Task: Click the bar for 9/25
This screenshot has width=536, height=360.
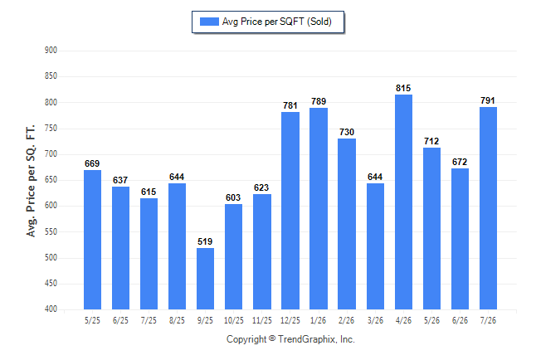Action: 205,279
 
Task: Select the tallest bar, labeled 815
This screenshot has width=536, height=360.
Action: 403,202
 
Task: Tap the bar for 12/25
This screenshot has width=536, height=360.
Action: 290,211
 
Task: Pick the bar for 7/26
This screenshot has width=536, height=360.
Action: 488,208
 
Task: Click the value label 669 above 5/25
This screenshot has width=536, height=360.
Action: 92,163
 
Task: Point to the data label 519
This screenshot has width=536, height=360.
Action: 205,241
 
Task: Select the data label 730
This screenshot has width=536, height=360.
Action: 347,132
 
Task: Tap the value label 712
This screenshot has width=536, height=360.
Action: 431,141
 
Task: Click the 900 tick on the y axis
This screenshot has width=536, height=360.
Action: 51,51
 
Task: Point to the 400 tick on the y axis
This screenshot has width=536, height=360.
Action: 51,309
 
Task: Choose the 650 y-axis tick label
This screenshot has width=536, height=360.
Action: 51,180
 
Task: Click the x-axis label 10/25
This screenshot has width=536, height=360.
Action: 234,320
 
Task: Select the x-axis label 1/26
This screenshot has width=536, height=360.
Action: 319,320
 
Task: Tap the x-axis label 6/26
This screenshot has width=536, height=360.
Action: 460,320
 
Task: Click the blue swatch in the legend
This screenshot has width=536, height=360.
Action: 209,22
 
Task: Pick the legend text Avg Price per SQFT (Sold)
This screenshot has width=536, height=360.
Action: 277,22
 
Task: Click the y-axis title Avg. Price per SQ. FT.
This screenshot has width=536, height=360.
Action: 31,181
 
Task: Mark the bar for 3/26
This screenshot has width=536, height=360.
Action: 375,246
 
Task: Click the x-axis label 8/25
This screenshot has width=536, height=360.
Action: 177,320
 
